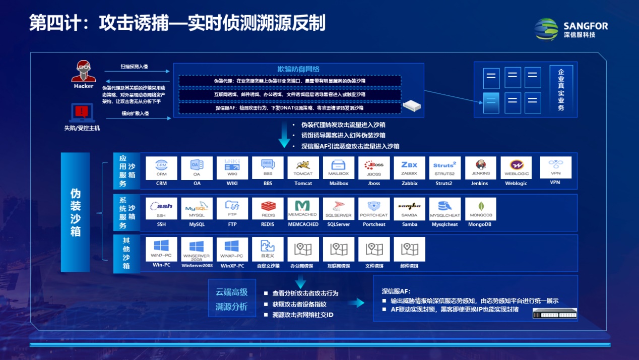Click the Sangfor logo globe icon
(x=546, y=29)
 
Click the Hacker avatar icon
(x=83, y=71)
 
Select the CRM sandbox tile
(x=161, y=168)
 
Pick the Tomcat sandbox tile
(x=303, y=168)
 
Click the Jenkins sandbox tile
(x=480, y=168)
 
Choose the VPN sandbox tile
(x=555, y=168)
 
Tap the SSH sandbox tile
(x=161, y=209)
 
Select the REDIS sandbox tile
(x=268, y=209)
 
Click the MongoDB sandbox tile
(x=480, y=209)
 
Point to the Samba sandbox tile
(x=410, y=209)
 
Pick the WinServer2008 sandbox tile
(x=197, y=250)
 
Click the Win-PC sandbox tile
(x=161, y=250)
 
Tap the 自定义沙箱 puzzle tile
(x=268, y=250)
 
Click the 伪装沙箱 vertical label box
(x=75, y=212)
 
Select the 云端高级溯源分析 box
(x=232, y=298)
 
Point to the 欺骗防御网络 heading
(x=298, y=69)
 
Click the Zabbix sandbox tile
(x=410, y=168)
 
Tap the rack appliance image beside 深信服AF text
(x=554, y=314)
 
